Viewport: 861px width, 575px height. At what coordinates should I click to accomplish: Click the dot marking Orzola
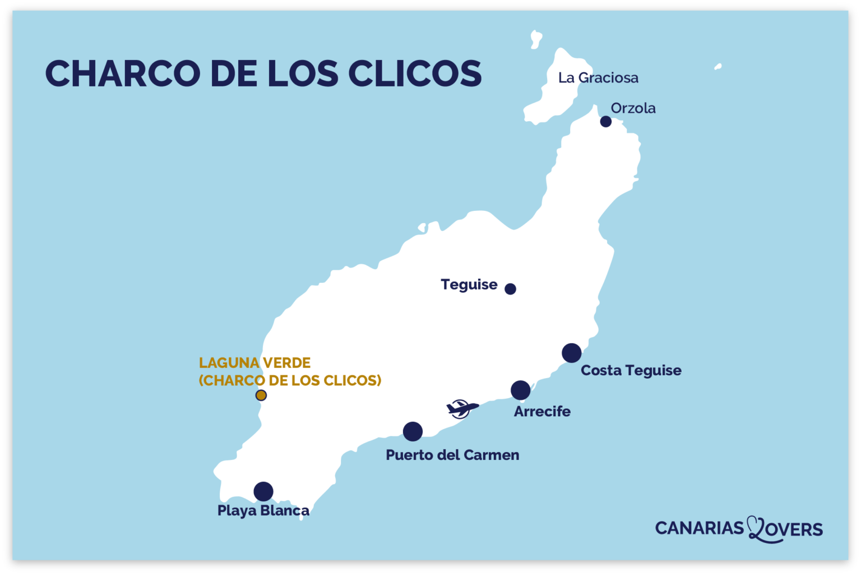pos(605,122)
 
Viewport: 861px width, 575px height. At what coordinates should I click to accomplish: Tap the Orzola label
pos(633,108)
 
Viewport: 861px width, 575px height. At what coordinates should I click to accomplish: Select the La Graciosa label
pos(598,78)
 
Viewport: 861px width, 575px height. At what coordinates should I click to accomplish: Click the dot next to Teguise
pos(510,289)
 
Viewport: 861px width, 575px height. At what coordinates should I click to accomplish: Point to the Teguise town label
pos(469,284)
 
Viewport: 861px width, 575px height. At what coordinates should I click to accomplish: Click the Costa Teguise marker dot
pos(571,353)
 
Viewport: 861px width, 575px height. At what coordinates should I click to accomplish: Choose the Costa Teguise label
pos(631,370)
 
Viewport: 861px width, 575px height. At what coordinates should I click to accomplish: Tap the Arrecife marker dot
pos(520,390)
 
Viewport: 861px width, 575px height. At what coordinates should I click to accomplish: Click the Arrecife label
pos(542,411)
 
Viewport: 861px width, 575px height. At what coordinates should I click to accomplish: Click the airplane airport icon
pos(461,408)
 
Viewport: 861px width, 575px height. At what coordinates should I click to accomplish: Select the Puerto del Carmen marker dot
pos(413,431)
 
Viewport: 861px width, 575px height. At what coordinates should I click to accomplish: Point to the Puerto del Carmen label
pos(452,454)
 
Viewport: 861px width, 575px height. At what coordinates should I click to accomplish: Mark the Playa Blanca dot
pos(263,491)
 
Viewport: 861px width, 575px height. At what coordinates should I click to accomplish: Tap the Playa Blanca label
pos(263,510)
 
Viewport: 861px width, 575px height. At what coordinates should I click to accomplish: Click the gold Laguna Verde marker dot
pos(261,395)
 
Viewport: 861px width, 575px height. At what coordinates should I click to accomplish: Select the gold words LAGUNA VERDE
pos(254,363)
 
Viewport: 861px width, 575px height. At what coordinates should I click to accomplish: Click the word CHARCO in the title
pos(122,73)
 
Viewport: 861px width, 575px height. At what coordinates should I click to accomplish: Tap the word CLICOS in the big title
pos(415,73)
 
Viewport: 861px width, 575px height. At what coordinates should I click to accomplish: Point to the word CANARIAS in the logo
pos(699,528)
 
